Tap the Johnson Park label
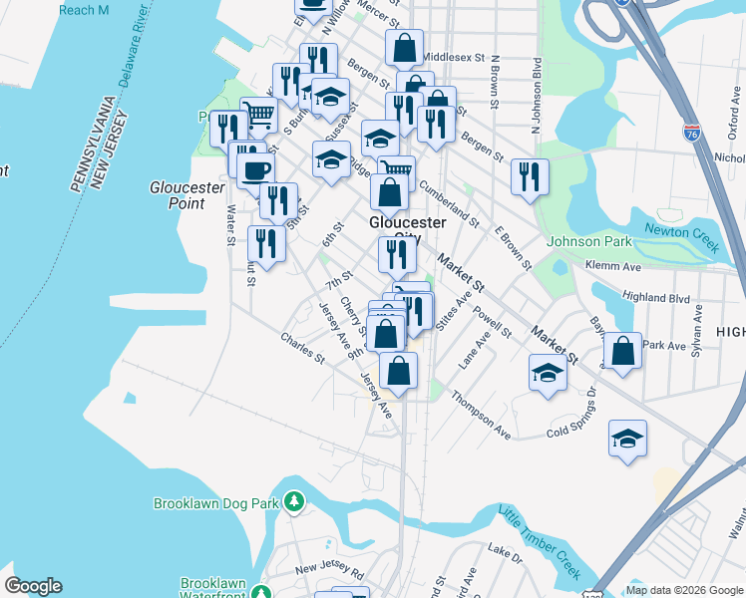pos(588,241)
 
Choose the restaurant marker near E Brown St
pos(530,177)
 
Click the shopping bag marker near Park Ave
pos(622,351)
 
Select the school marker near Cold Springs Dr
pos(627,439)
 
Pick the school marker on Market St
pos(548,374)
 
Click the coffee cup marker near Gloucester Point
pos(255,168)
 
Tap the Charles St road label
pos(303,351)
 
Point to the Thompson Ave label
pos(481,414)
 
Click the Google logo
pos(33,586)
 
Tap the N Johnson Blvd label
pos(537,85)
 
